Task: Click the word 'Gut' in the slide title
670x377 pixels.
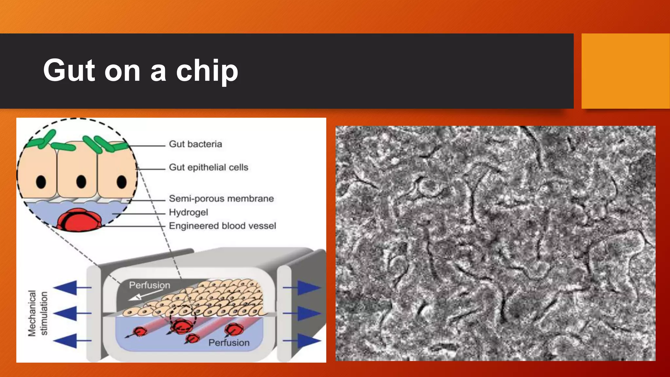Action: pyautogui.click(x=69, y=70)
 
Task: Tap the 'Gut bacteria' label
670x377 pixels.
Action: pyautogui.click(x=195, y=144)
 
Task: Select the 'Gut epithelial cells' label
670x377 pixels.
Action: pyautogui.click(x=208, y=167)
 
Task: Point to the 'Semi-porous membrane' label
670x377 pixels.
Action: pyautogui.click(x=221, y=198)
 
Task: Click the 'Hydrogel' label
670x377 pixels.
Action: pyautogui.click(x=188, y=212)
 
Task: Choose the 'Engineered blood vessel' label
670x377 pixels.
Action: pyautogui.click(x=222, y=226)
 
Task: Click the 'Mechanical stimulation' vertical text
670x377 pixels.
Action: pyautogui.click(x=38, y=313)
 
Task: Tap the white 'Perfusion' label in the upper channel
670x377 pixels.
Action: pyautogui.click(x=150, y=285)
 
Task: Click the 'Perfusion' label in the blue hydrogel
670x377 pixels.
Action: pyautogui.click(x=229, y=343)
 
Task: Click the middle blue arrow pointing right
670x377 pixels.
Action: pyautogui.click(x=308, y=314)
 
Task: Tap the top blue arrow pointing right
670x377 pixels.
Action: pyautogui.click(x=308, y=288)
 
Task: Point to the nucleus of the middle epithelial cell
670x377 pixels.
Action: pyautogui.click(x=81, y=181)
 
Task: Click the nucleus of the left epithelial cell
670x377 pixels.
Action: pyautogui.click(x=41, y=182)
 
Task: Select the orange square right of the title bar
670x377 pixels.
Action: pyautogui.click(x=625, y=71)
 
